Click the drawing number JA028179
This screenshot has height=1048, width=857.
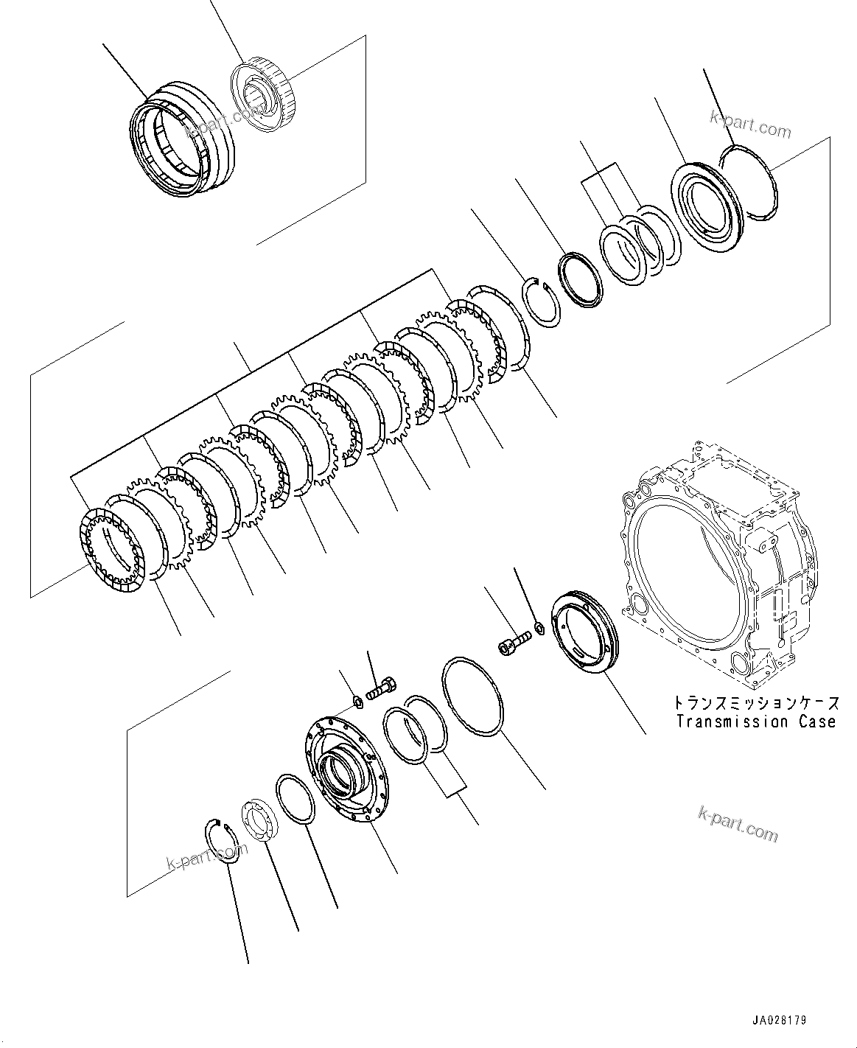click(x=779, y=1021)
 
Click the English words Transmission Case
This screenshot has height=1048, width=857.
click(x=757, y=722)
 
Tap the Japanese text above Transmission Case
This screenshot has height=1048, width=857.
click(x=757, y=703)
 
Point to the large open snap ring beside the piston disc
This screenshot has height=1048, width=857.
click(x=748, y=181)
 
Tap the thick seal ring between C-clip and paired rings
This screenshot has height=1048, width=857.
click(x=581, y=279)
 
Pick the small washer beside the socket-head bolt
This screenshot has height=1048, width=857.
click(x=539, y=628)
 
